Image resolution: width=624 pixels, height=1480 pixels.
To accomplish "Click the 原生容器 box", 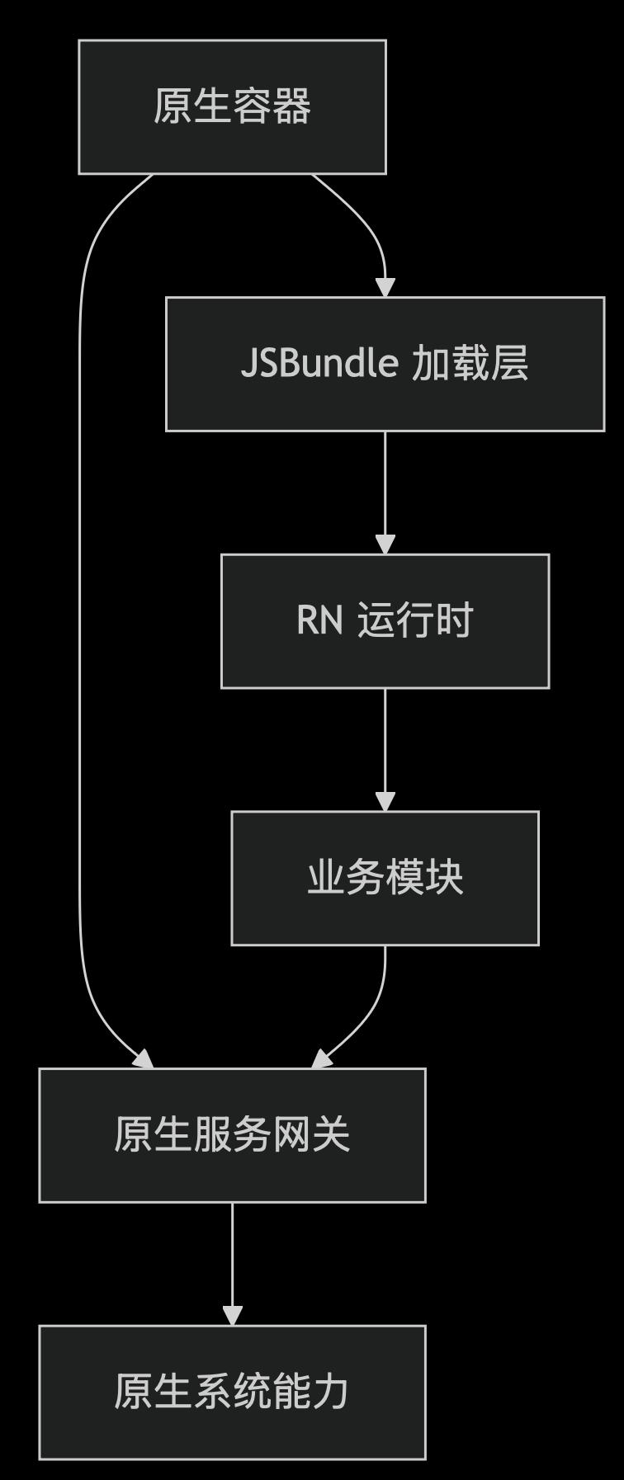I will [232, 106].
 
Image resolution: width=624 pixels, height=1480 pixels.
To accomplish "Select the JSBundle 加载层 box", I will [385, 364].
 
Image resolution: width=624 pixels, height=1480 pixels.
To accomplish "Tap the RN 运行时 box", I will [385, 620].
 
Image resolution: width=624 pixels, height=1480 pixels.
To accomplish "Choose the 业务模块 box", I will [385, 878].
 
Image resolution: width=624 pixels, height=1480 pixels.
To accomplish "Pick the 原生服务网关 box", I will [232, 1135].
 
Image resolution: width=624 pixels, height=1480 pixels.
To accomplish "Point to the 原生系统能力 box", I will [232, 1392].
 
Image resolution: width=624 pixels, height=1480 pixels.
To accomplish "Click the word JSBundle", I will [319, 364].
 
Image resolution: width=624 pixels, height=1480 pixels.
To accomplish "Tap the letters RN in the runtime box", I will [319, 620].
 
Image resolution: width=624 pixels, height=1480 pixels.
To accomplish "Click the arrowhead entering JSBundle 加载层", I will [385, 288].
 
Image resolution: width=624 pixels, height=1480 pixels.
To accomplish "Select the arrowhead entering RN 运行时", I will [385, 545].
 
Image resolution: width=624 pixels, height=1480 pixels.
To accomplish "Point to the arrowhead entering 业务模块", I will [385, 802].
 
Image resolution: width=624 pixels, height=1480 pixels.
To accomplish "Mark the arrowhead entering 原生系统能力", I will [232, 1316].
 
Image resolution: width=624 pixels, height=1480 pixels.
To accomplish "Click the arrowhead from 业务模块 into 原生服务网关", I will [321, 1059].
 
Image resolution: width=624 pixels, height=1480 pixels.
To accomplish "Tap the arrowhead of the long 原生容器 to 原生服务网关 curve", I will [144, 1059].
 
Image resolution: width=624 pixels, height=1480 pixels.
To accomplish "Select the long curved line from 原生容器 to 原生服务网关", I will [80, 619].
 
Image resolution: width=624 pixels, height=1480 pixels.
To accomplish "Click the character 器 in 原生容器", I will [292, 106].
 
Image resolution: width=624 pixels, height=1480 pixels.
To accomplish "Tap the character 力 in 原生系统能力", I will [332, 1392].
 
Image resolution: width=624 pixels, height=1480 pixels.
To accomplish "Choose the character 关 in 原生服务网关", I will [332, 1135].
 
